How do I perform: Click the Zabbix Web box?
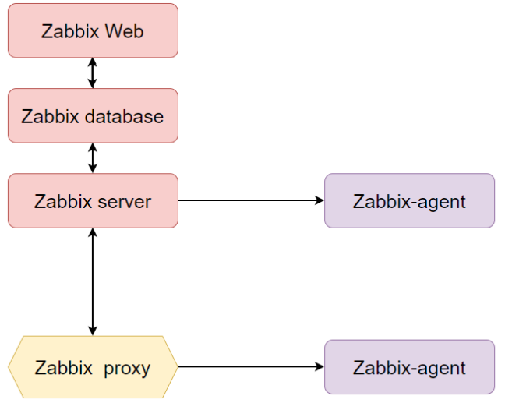point(93,31)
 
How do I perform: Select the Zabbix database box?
point(93,116)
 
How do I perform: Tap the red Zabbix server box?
point(93,201)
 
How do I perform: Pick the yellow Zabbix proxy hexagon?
point(93,367)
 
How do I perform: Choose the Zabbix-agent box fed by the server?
point(409,201)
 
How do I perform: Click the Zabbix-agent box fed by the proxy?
point(409,367)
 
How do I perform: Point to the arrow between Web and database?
point(93,73)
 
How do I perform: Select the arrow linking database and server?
point(93,158)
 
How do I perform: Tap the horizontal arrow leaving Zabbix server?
point(249,201)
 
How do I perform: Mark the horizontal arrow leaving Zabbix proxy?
point(249,366)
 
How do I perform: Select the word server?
point(125,202)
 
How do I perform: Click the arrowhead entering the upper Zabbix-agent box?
point(320,201)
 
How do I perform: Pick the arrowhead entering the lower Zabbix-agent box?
point(320,366)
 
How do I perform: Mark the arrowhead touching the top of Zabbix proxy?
point(93,331)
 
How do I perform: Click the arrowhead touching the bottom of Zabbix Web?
point(93,62)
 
